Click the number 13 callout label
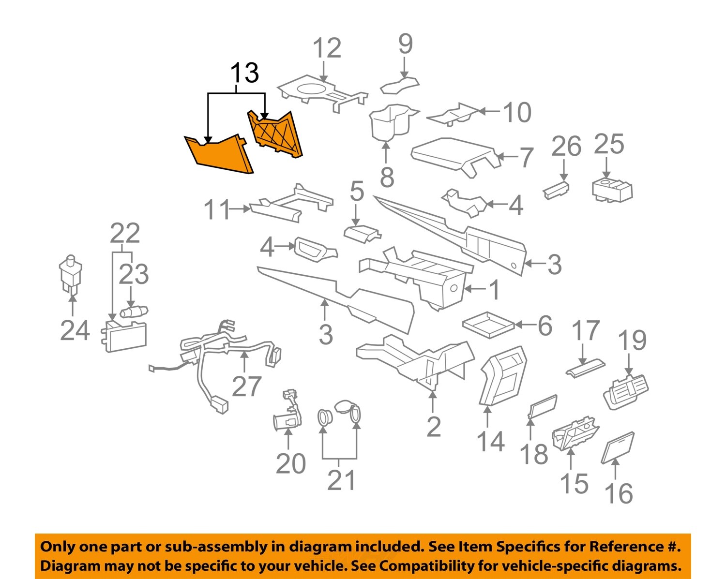pos(244,74)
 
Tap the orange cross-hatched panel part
pos(275,133)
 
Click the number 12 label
pos(327,48)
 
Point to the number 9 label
pos(405,44)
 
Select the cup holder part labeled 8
pos(389,123)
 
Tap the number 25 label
pos(609,144)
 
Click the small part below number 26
pos(556,189)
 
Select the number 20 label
pos(290,463)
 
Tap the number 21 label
pos(341,480)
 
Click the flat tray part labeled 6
pos(488,324)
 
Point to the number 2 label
pos(434,427)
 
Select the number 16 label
pos(619,493)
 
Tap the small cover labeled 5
pos(362,233)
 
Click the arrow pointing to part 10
pos(489,111)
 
